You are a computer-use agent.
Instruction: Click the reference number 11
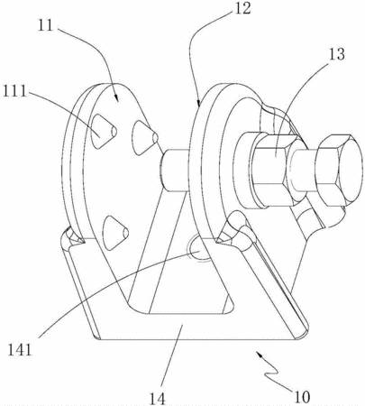[46, 25]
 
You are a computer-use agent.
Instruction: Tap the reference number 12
[242, 8]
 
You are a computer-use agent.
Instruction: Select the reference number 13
[336, 54]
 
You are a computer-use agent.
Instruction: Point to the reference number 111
[14, 91]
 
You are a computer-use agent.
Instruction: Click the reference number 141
[20, 350]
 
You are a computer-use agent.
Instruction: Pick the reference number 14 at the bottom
[158, 399]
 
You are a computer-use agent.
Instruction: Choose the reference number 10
[301, 397]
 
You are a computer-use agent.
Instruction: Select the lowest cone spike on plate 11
[115, 233]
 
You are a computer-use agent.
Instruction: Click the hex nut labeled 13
[273, 171]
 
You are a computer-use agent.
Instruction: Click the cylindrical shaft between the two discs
[175, 170]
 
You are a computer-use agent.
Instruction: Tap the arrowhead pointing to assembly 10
[259, 355]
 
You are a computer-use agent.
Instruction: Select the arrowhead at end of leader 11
[115, 98]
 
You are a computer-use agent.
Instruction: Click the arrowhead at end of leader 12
[199, 103]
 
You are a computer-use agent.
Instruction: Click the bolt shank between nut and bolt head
[303, 171]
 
